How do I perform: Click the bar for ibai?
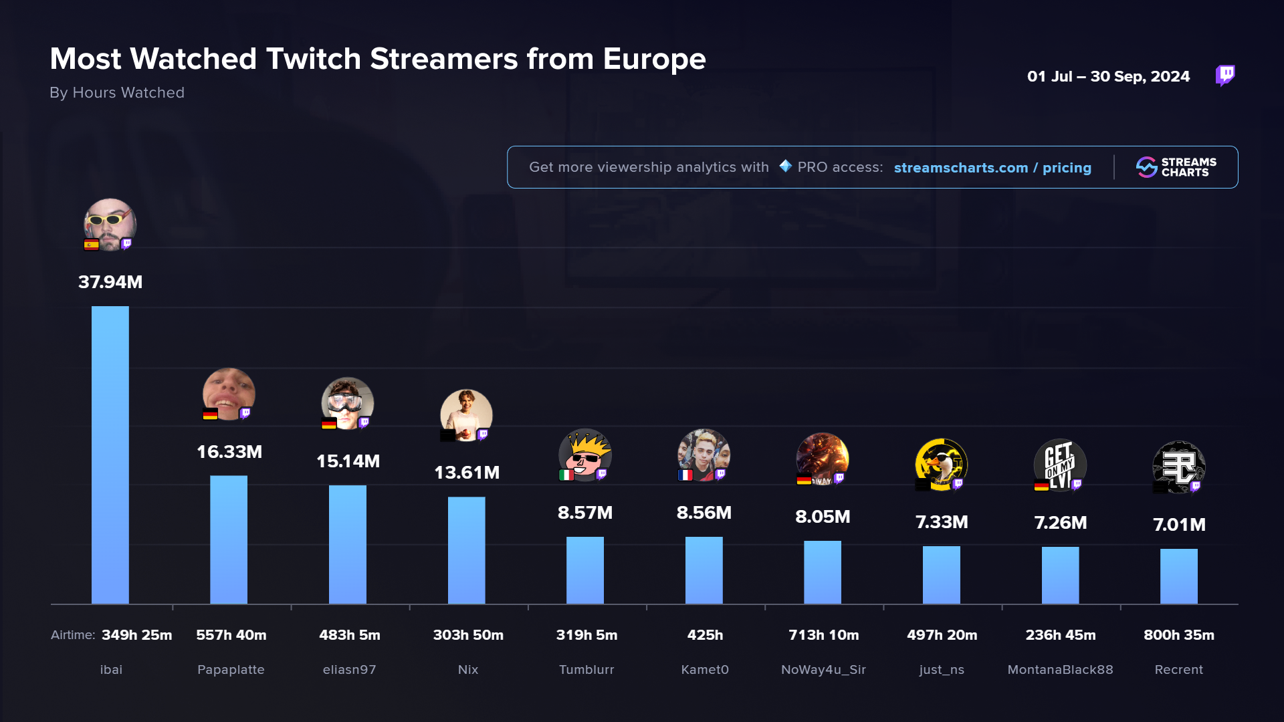click(x=110, y=455)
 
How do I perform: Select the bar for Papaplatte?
click(x=229, y=539)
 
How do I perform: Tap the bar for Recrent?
click(x=1179, y=576)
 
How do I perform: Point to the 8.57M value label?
click(x=585, y=513)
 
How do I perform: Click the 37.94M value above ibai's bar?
click(x=110, y=282)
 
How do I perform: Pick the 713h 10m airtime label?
click(x=823, y=635)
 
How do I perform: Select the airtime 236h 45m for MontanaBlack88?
click(x=1061, y=635)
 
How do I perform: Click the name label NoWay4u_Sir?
click(x=823, y=670)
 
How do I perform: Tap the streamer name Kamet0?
click(x=705, y=670)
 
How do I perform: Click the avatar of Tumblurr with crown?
click(x=585, y=455)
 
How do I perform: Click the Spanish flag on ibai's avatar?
click(x=92, y=245)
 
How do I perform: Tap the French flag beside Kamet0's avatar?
click(x=685, y=475)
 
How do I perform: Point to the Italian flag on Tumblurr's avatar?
click(x=566, y=475)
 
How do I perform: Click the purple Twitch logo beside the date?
click(x=1225, y=76)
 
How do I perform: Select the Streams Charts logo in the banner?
click(x=1176, y=167)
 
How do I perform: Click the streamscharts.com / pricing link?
click(x=992, y=168)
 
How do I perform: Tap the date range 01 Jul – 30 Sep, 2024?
click(x=1108, y=77)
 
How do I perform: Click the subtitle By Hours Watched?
click(x=117, y=93)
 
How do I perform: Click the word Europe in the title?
click(x=654, y=59)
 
